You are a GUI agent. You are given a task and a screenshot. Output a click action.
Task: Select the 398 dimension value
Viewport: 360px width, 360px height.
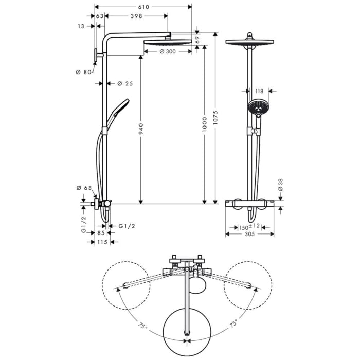pyautogui.click(x=136, y=16)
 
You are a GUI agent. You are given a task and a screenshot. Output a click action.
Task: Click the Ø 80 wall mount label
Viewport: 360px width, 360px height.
pyautogui.click(x=82, y=72)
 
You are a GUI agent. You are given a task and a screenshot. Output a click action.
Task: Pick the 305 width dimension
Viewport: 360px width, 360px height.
pyautogui.click(x=249, y=234)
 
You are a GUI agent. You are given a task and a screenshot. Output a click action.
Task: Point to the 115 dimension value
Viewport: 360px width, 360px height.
pyautogui.click(x=101, y=242)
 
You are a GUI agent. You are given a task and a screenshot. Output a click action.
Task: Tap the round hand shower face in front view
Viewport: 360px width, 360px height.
pyautogui.click(x=257, y=106)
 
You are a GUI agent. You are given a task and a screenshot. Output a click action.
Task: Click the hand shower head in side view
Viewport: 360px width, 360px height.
pyautogui.click(x=119, y=107)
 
